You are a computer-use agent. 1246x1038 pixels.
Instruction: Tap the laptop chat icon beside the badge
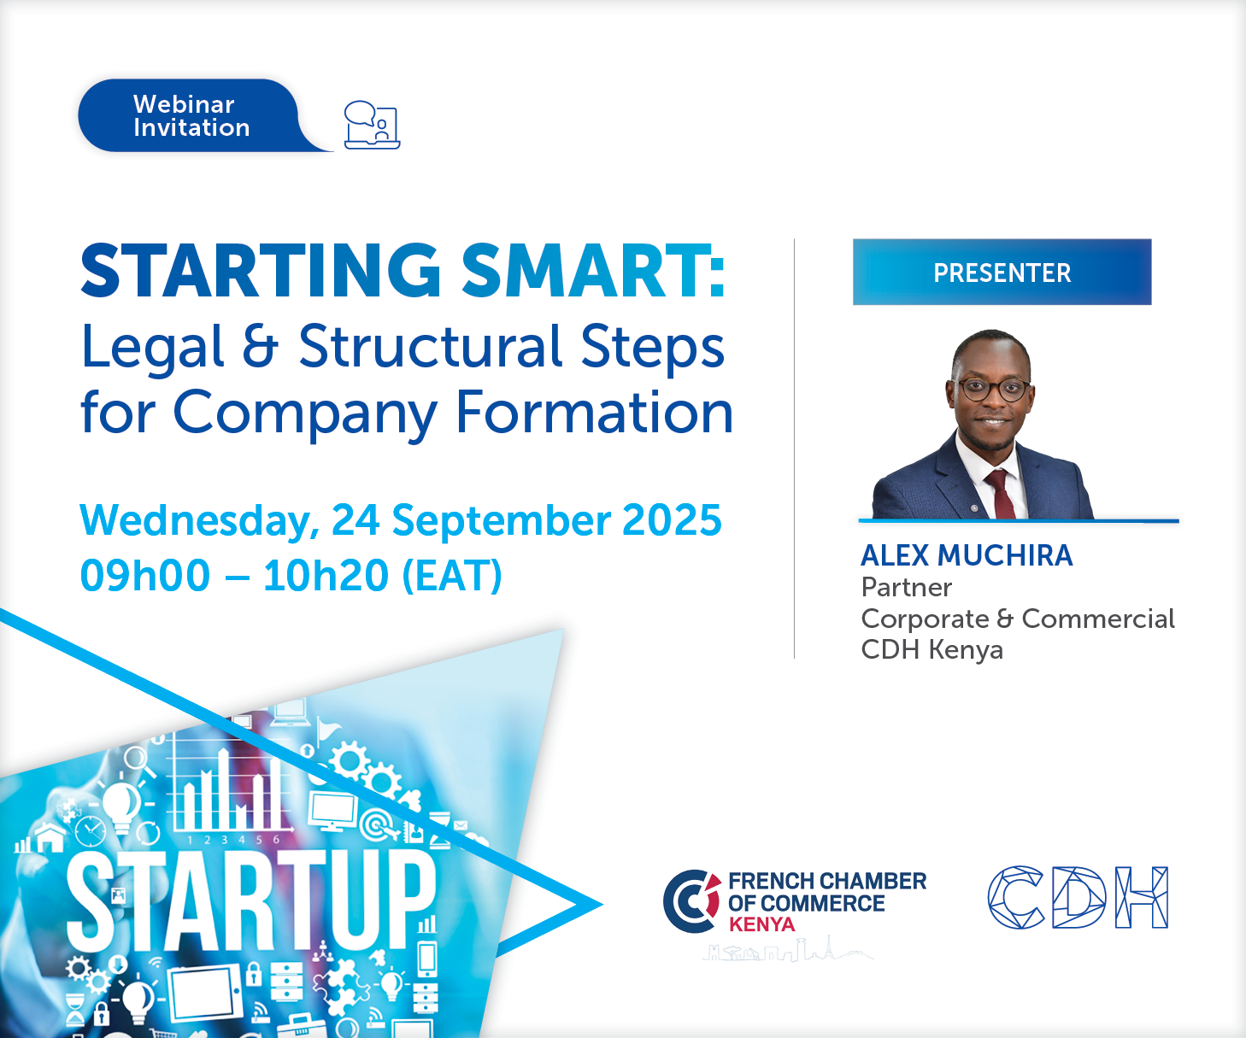pyautogui.click(x=372, y=125)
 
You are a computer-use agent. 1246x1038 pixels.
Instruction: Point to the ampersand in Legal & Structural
pyautogui.click(x=260, y=346)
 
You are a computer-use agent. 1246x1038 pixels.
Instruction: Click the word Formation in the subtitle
pyautogui.click(x=594, y=413)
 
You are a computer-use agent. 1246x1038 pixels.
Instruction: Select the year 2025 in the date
pyautogui.click(x=672, y=519)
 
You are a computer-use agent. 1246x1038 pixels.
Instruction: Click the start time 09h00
pyautogui.click(x=145, y=576)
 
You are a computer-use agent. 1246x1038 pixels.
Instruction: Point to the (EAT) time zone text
pyautogui.click(x=452, y=577)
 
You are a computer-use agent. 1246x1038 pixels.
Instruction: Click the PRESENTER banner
pyautogui.click(x=1002, y=272)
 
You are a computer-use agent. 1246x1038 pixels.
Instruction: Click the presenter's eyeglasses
pyautogui.click(x=994, y=390)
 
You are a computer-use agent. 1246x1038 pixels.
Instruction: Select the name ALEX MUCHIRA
pyautogui.click(x=967, y=555)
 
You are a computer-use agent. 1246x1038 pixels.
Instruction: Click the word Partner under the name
pyautogui.click(x=907, y=588)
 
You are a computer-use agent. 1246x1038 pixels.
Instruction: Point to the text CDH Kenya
pyautogui.click(x=932, y=649)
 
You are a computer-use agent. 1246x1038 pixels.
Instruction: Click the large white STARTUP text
pyautogui.click(x=251, y=900)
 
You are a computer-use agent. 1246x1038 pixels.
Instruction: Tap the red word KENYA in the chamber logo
pyautogui.click(x=762, y=924)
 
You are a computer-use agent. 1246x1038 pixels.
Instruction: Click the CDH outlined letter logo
pyautogui.click(x=1078, y=897)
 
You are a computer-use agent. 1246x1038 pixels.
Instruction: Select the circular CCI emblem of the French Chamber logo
pyautogui.click(x=692, y=901)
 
